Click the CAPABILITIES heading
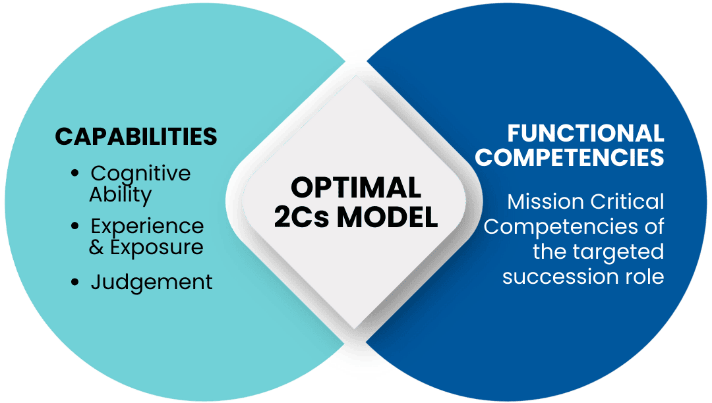point(136,136)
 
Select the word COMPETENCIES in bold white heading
point(570,158)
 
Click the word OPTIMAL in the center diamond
point(356,188)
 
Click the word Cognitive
point(140,174)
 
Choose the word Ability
point(121,195)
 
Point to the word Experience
point(147,227)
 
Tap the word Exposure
point(156,248)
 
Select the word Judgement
point(152,282)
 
